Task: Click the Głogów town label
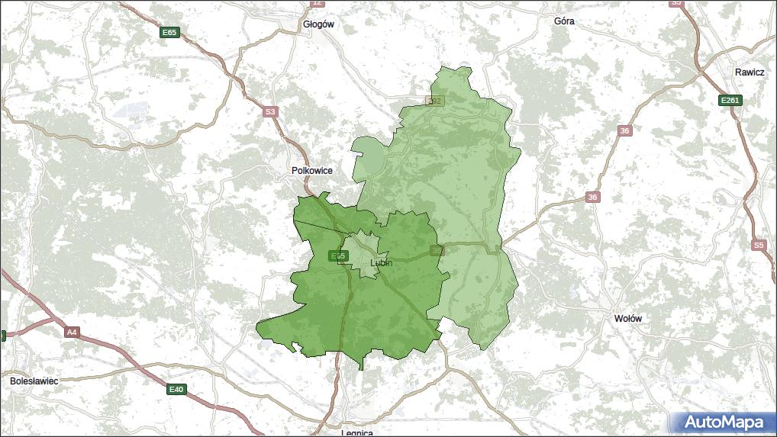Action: click(318, 24)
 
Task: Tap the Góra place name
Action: click(564, 21)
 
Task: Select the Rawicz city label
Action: click(750, 72)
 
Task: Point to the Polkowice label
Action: click(312, 171)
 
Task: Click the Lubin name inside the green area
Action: click(380, 262)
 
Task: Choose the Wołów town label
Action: click(628, 318)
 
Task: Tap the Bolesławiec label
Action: click(34, 380)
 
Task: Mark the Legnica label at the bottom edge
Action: click(357, 432)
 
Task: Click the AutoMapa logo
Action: click(723, 422)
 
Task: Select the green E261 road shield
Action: click(730, 100)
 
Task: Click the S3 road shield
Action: click(269, 112)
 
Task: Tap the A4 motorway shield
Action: click(72, 333)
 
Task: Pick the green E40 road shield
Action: click(176, 390)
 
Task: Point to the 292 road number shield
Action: click(434, 101)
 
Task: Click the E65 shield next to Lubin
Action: click(338, 255)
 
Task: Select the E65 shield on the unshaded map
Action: click(169, 33)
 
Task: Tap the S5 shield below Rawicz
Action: click(757, 245)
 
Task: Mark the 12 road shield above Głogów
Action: click(318, 3)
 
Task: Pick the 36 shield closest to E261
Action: click(624, 131)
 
